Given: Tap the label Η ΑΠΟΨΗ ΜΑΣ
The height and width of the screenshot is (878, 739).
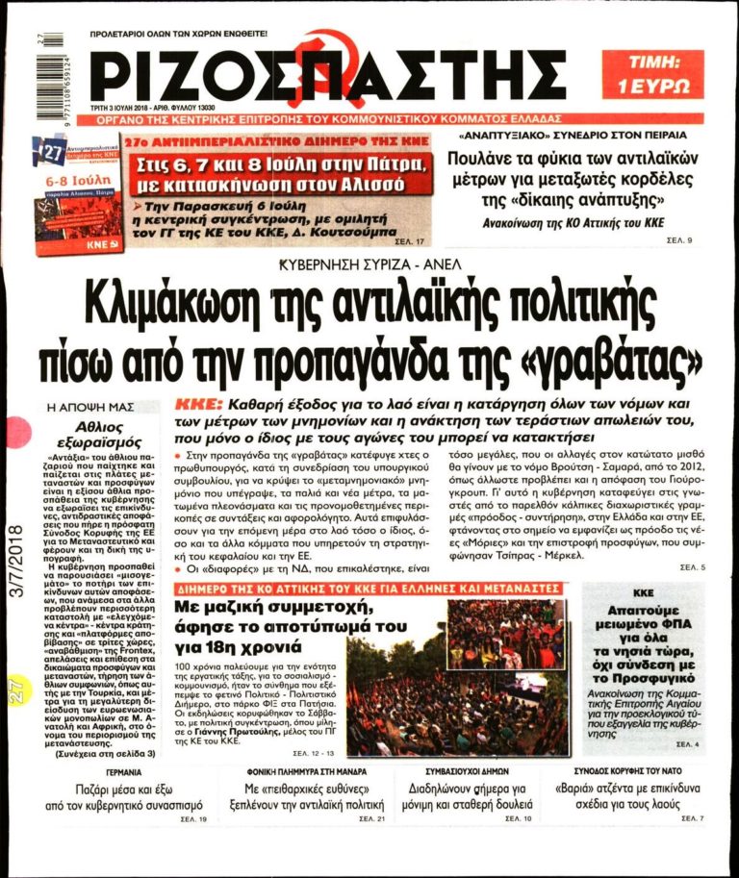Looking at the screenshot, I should [x=93, y=408].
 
